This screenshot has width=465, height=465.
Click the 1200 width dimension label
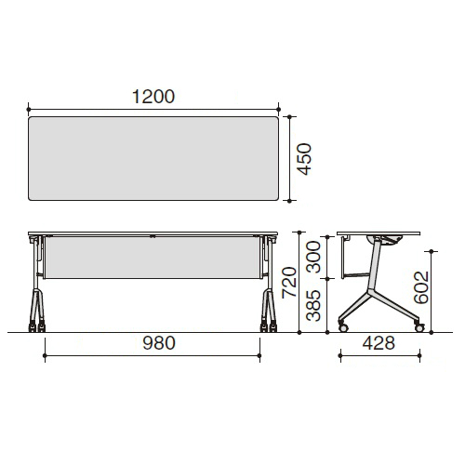153,97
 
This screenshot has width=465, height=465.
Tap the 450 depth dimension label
304,159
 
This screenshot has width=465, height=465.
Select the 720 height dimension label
289,283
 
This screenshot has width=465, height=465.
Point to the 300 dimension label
313,257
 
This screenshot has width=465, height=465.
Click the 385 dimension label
313,305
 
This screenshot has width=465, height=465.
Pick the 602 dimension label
421,287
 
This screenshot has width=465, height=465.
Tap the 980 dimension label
159,343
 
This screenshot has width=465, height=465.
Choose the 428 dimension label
379,343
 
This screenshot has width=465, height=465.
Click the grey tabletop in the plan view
153,158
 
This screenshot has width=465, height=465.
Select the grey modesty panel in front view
153,258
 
